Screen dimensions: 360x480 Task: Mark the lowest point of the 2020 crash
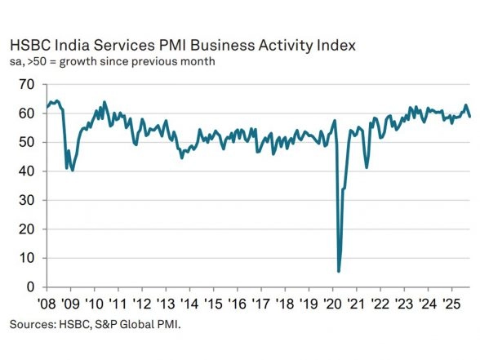tap(339, 271)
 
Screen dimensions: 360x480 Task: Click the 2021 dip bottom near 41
tap(367, 167)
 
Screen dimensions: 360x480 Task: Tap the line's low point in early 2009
tap(73, 170)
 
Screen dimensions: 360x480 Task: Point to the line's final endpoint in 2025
tap(469, 117)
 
